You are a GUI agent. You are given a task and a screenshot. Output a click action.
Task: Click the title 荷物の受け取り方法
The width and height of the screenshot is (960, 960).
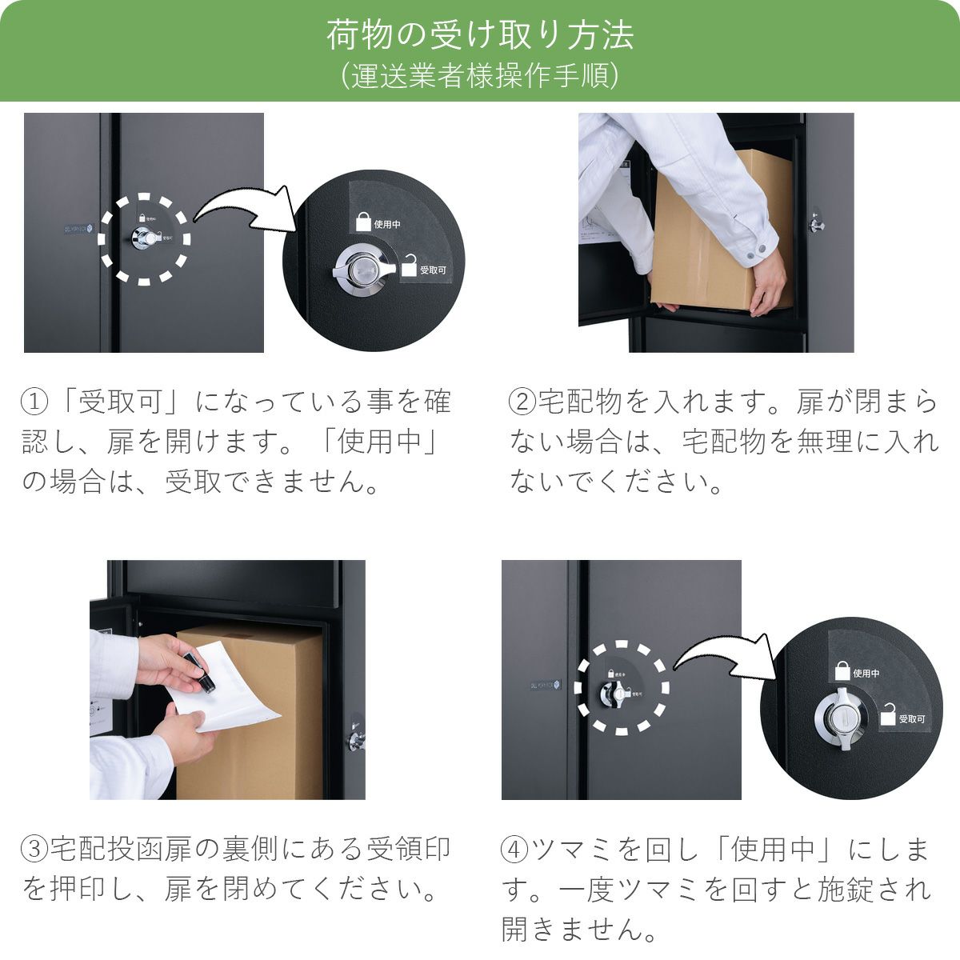(x=480, y=35)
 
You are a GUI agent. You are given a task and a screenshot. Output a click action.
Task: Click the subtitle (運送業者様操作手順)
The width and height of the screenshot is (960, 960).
(x=480, y=76)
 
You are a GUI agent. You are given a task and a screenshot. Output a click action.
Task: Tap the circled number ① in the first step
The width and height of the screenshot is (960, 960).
(x=34, y=401)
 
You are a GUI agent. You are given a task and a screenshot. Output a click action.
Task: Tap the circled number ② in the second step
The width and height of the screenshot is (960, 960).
(x=522, y=401)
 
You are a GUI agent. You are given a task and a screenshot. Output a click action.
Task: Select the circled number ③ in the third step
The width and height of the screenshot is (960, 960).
(x=34, y=848)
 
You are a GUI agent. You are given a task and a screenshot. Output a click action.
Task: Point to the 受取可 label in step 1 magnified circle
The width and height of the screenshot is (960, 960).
(x=433, y=270)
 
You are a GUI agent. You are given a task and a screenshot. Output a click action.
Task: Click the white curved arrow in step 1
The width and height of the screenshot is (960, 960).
(x=240, y=210)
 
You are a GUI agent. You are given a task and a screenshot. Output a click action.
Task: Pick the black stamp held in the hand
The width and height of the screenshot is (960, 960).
(x=200, y=670)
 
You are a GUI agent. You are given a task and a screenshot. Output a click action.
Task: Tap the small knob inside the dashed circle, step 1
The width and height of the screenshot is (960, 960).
(x=146, y=238)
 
